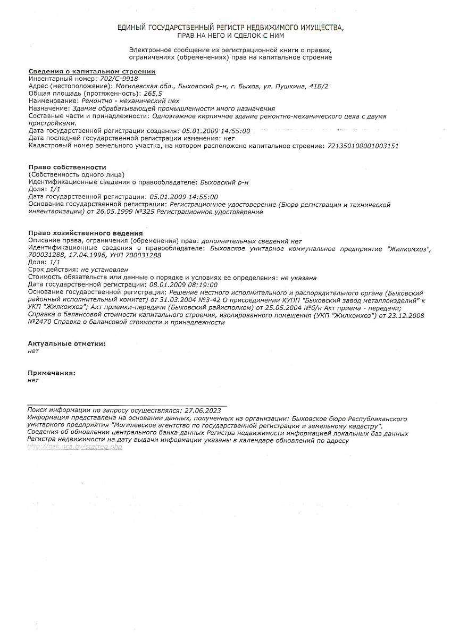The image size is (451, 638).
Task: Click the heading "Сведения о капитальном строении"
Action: tap(91, 71)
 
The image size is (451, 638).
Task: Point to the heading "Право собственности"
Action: tap(67, 167)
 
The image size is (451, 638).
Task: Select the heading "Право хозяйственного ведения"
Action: tap(85, 233)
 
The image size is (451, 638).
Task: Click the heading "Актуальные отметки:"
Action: tap(66, 343)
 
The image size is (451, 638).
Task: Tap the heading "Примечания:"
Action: tap(52, 373)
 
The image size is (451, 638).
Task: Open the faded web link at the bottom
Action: tap(75, 447)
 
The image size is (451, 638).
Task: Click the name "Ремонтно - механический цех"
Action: tap(130, 100)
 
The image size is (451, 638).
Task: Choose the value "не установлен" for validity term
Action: tap(105, 270)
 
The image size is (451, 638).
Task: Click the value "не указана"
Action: tap(299, 278)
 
